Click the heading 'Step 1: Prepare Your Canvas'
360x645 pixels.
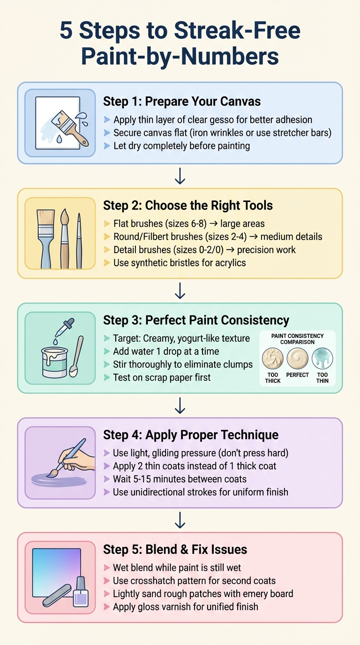(x=182, y=101)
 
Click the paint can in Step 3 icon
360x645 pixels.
(x=54, y=362)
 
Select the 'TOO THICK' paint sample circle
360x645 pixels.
(x=273, y=359)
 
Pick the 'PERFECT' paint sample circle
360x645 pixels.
(x=298, y=359)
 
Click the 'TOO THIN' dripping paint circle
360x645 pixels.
(x=322, y=359)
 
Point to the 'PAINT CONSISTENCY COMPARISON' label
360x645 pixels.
(x=298, y=339)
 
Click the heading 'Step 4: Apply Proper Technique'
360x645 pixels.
(x=191, y=435)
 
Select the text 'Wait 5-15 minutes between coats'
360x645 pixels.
(x=180, y=479)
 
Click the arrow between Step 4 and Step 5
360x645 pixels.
(x=180, y=520)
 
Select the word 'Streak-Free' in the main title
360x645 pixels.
(x=237, y=31)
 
